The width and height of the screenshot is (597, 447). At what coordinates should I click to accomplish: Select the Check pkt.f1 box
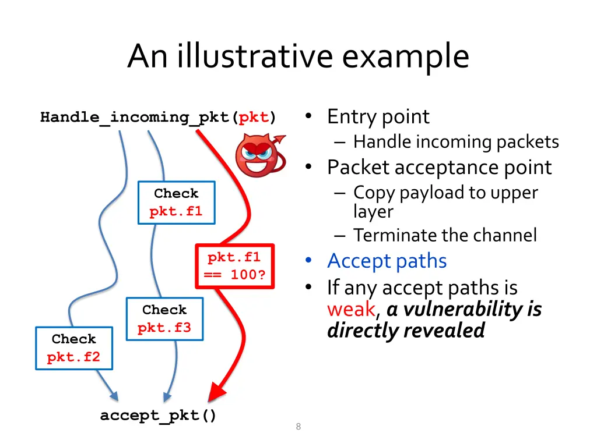pyautogui.click(x=176, y=203)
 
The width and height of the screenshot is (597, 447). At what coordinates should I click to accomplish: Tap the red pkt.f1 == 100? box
pyautogui.click(x=234, y=266)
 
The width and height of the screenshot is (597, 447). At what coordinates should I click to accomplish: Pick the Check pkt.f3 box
pyautogui.click(x=164, y=319)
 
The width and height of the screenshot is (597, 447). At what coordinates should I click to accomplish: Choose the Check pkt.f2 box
pyautogui.click(x=73, y=348)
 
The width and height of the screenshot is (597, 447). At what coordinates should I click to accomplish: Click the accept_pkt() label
pyautogui.click(x=158, y=416)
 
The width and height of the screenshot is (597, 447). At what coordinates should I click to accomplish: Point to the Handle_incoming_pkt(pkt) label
pyautogui.click(x=158, y=118)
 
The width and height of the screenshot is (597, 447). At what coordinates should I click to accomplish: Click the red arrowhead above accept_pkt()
pyautogui.click(x=216, y=392)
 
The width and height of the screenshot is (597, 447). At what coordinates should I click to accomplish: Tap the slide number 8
pyautogui.click(x=298, y=427)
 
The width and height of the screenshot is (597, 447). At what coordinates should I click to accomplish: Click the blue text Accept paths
pyautogui.click(x=387, y=261)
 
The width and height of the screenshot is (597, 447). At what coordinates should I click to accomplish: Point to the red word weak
pyautogui.click(x=351, y=309)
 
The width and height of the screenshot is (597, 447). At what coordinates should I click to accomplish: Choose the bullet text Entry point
pyautogui.click(x=378, y=117)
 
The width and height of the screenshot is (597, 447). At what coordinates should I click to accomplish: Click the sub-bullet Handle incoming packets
pyautogui.click(x=456, y=141)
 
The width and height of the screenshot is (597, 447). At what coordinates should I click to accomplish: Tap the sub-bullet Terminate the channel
pyautogui.click(x=445, y=235)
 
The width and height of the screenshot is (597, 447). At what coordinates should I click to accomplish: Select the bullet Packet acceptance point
pyautogui.click(x=439, y=168)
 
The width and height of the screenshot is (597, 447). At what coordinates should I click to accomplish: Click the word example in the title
pyautogui.click(x=406, y=56)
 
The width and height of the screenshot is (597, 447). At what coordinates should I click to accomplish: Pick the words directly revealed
pyautogui.click(x=406, y=331)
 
